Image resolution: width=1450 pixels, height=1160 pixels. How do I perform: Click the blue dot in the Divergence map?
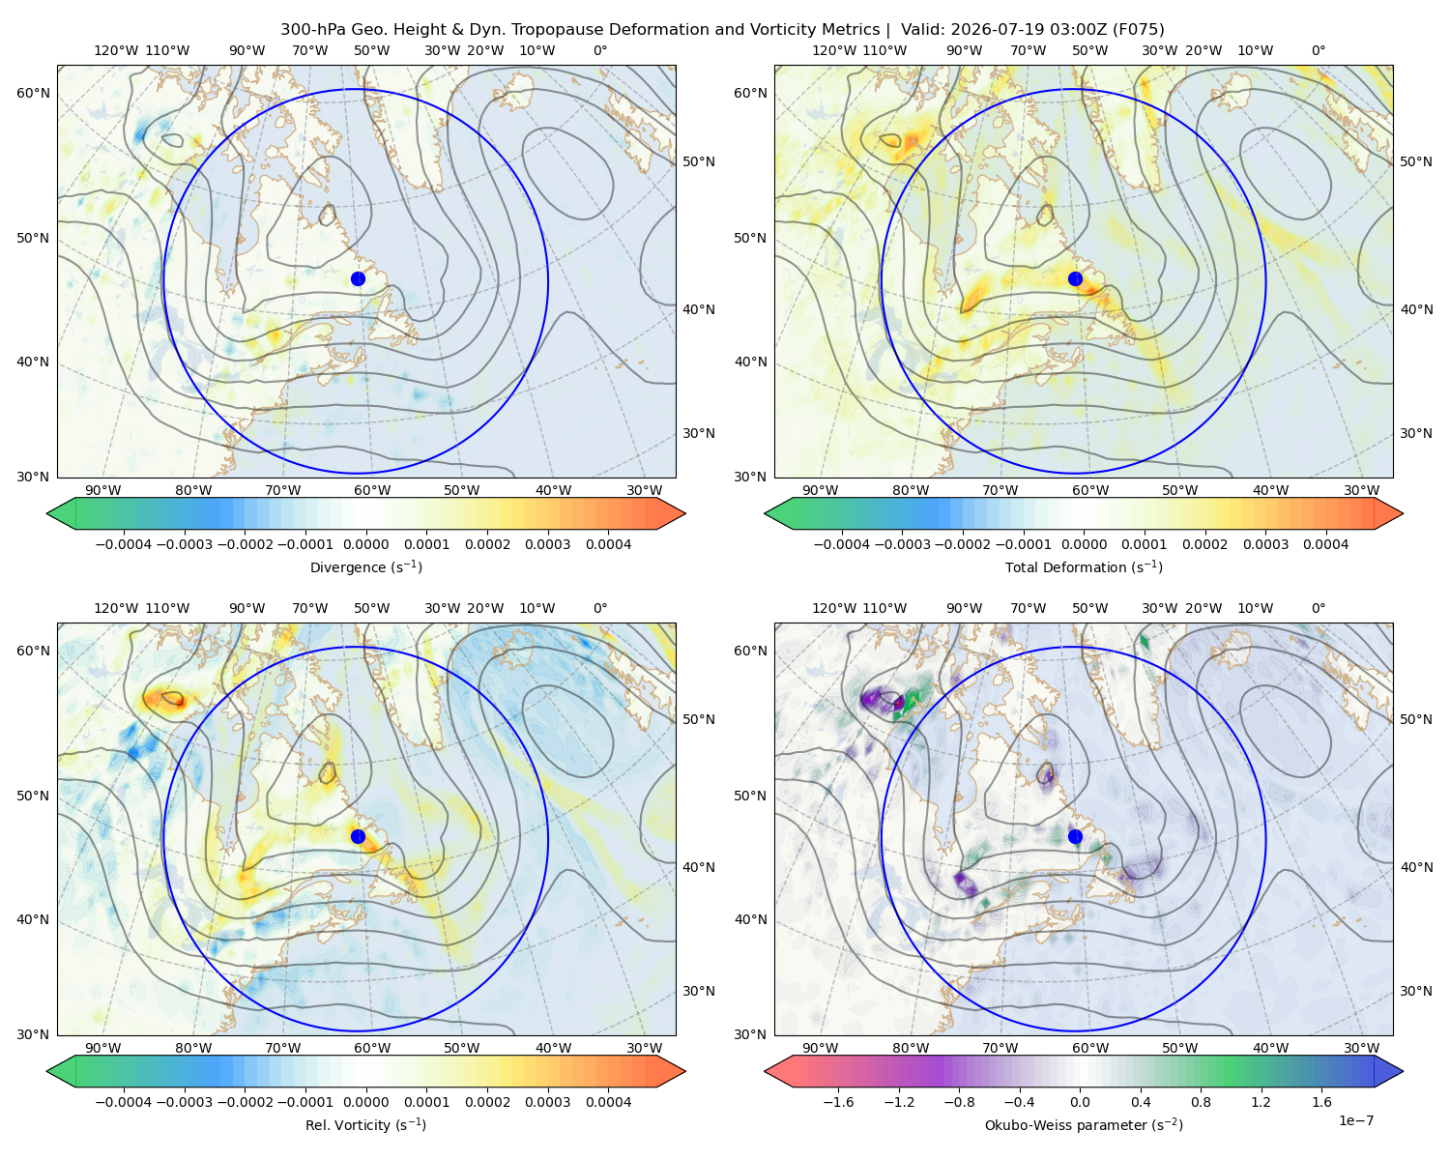tap(358, 279)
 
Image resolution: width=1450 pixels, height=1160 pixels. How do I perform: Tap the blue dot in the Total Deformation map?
tap(1075, 279)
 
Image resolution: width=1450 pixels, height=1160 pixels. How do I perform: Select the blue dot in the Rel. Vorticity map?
tap(358, 836)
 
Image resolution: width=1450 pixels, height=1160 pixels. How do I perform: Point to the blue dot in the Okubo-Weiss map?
tap(1075, 836)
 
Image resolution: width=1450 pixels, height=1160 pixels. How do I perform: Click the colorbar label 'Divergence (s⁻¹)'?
tap(365, 566)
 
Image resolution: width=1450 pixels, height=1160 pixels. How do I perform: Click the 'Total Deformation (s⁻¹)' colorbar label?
tap(1084, 566)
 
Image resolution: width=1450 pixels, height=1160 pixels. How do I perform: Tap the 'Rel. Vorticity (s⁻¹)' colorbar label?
tap(365, 1125)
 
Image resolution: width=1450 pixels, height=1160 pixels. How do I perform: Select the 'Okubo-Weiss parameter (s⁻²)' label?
tap(1084, 1125)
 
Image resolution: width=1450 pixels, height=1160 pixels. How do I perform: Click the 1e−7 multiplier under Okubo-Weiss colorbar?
tap(1355, 1121)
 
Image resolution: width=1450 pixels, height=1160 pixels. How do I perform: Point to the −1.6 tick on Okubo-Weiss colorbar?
tap(838, 1102)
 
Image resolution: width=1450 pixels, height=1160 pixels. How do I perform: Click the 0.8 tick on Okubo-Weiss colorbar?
tap(1201, 1102)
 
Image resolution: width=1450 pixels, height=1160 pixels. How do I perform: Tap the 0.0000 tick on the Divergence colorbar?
tap(365, 544)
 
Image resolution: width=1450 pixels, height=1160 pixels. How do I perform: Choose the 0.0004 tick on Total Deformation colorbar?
tap(1325, 544)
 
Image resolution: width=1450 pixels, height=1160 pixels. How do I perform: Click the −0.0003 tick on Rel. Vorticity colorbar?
tap(184, 1102)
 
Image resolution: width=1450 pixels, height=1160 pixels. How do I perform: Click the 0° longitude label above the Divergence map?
tap(600, 50)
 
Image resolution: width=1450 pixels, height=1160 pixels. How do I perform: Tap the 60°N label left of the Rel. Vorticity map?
tap(33, 652)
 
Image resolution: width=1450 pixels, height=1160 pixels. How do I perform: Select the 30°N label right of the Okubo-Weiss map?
tap(1416, 991)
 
